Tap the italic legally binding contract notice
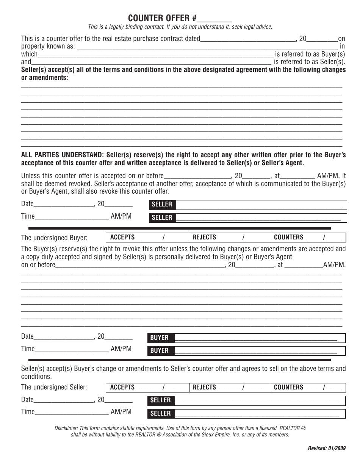click(x=180, y=27)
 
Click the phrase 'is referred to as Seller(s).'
click(x=310, y=62)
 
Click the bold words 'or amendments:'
click(x=45, y=77)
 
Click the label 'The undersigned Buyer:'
click(x=54, y=238)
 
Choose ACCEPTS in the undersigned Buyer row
click(x=122, y=238)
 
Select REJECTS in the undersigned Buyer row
click(x=204, y=238)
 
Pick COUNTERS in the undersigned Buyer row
click(x=288, y=238)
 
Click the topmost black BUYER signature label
click(x=160, y=338)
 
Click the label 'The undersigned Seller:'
click(x=54, y=387)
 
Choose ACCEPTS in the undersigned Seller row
click(x=122, y=387)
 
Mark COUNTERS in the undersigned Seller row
click(x=288, y=387)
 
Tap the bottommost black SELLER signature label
click(x=161, y=413)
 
